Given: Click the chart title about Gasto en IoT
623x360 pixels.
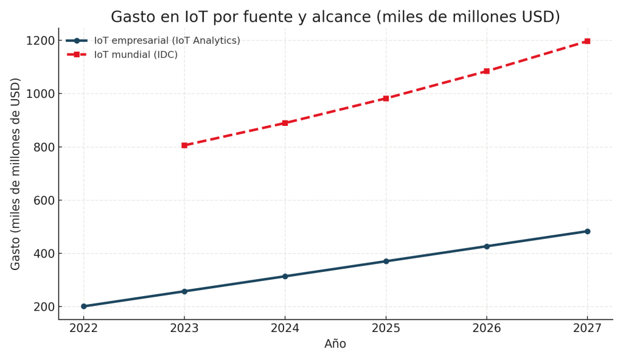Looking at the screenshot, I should tap(335, 17).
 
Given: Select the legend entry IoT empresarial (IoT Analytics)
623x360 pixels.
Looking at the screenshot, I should tap(167, 41).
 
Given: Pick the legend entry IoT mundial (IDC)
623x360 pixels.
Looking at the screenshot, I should tap(136, 55).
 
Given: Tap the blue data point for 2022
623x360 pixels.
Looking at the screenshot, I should tap(84, 306).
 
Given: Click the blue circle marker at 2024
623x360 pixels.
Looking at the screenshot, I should tap(285, 276).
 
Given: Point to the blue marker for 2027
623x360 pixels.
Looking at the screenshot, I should tap(587, 231).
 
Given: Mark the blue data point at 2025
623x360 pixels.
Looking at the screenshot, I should tap(386, 261).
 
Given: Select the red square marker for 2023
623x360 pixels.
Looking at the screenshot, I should tap(184, 145).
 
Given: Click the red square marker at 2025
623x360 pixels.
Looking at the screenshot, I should tap(386, 99).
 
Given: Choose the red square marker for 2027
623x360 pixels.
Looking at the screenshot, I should tap(587, 41).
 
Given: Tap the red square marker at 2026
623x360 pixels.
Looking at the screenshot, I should tap(487, 71).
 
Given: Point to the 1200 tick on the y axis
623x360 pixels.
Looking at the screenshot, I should tap(40, 41).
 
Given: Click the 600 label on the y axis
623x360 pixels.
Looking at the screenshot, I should tap(43, 201).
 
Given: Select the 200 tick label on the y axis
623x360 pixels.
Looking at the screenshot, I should tap(43, 307).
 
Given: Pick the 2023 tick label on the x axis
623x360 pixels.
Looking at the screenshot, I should tap(184, 328).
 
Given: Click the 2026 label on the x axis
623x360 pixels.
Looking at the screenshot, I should tap(487, 328).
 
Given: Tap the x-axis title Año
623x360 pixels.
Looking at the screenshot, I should tap(335, 344).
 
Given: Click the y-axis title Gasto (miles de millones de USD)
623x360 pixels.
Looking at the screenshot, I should tap(16, 174).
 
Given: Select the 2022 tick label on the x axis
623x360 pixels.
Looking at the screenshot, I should tap(84, 328).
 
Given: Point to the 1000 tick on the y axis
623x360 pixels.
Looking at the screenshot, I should tap(40, 94).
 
